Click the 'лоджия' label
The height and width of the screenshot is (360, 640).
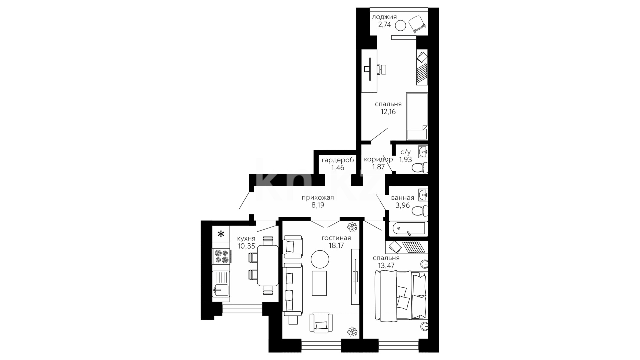pos(384,17)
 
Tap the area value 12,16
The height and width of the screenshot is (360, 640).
pos(388,112)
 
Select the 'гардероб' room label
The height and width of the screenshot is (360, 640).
pos(338,160)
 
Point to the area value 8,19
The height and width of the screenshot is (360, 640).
pos(318,205)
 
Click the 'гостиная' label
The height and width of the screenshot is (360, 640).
pos(336,238)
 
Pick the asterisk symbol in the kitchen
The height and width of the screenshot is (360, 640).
pos(221,234)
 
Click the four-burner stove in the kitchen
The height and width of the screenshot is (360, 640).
pos(221,257)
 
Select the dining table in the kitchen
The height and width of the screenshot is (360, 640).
pos(268,266)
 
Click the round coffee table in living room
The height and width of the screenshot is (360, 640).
pos(320,259)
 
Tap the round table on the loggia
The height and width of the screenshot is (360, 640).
pos(400,25)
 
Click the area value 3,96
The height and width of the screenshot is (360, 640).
pos(402,205)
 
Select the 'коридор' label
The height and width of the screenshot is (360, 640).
pos(378,159)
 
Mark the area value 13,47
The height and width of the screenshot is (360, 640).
pos(386,265)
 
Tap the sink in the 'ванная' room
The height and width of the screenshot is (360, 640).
pos(423,195)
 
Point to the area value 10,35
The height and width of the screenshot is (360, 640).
pos(246,246)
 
